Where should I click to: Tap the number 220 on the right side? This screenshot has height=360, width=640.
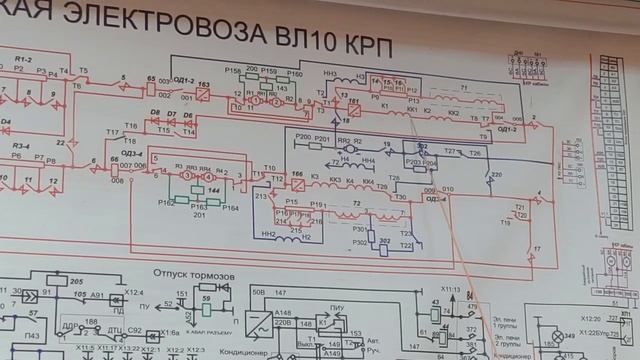click(492, 175)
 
